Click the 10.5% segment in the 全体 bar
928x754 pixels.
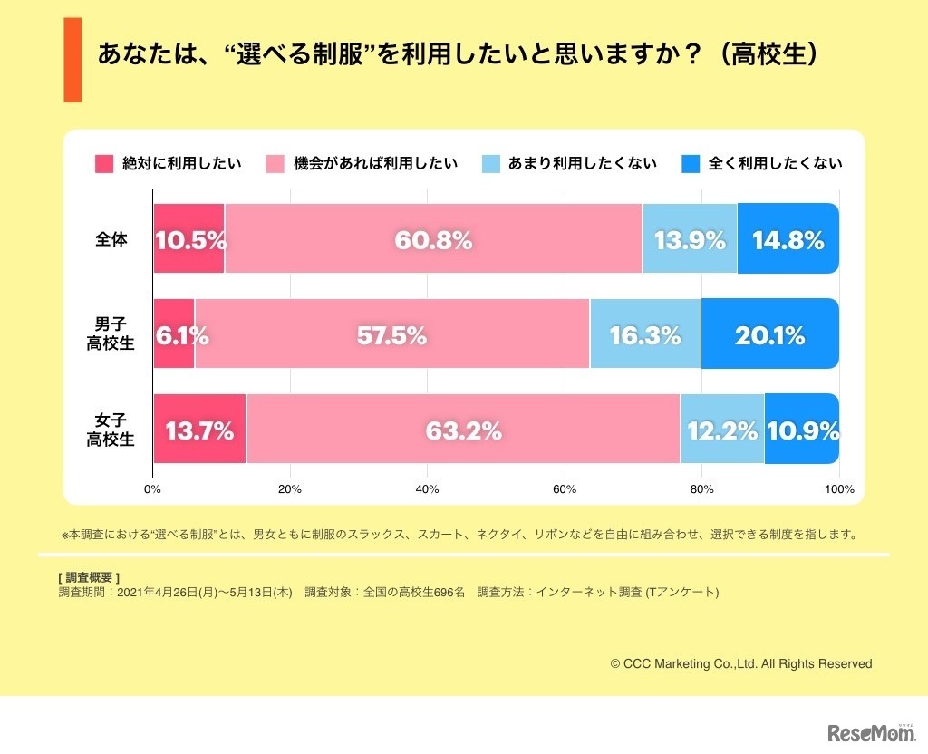(x=189, y=239)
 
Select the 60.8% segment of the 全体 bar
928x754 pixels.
(x=433, y=239)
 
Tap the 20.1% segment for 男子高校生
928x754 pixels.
(x=769, y=333)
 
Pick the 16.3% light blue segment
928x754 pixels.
(x=645, y=333)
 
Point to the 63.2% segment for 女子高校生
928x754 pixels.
(x=463, y=429)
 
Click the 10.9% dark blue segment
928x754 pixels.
(x=802, y=429)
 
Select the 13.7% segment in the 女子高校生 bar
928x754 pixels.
(x=199, y=429)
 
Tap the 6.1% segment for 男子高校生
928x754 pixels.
(x=174, y=333)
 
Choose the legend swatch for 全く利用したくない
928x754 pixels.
(x=691, y=164)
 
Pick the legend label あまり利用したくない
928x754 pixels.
(x=586, y=164)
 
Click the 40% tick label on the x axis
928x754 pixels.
(x=427, y=489)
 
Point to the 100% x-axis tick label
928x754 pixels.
(x=840, y=489)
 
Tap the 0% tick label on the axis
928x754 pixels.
(x=152, y=489)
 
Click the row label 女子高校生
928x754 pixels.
(x=111, y=430)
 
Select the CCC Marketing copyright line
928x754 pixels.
(x=741, y=664)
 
